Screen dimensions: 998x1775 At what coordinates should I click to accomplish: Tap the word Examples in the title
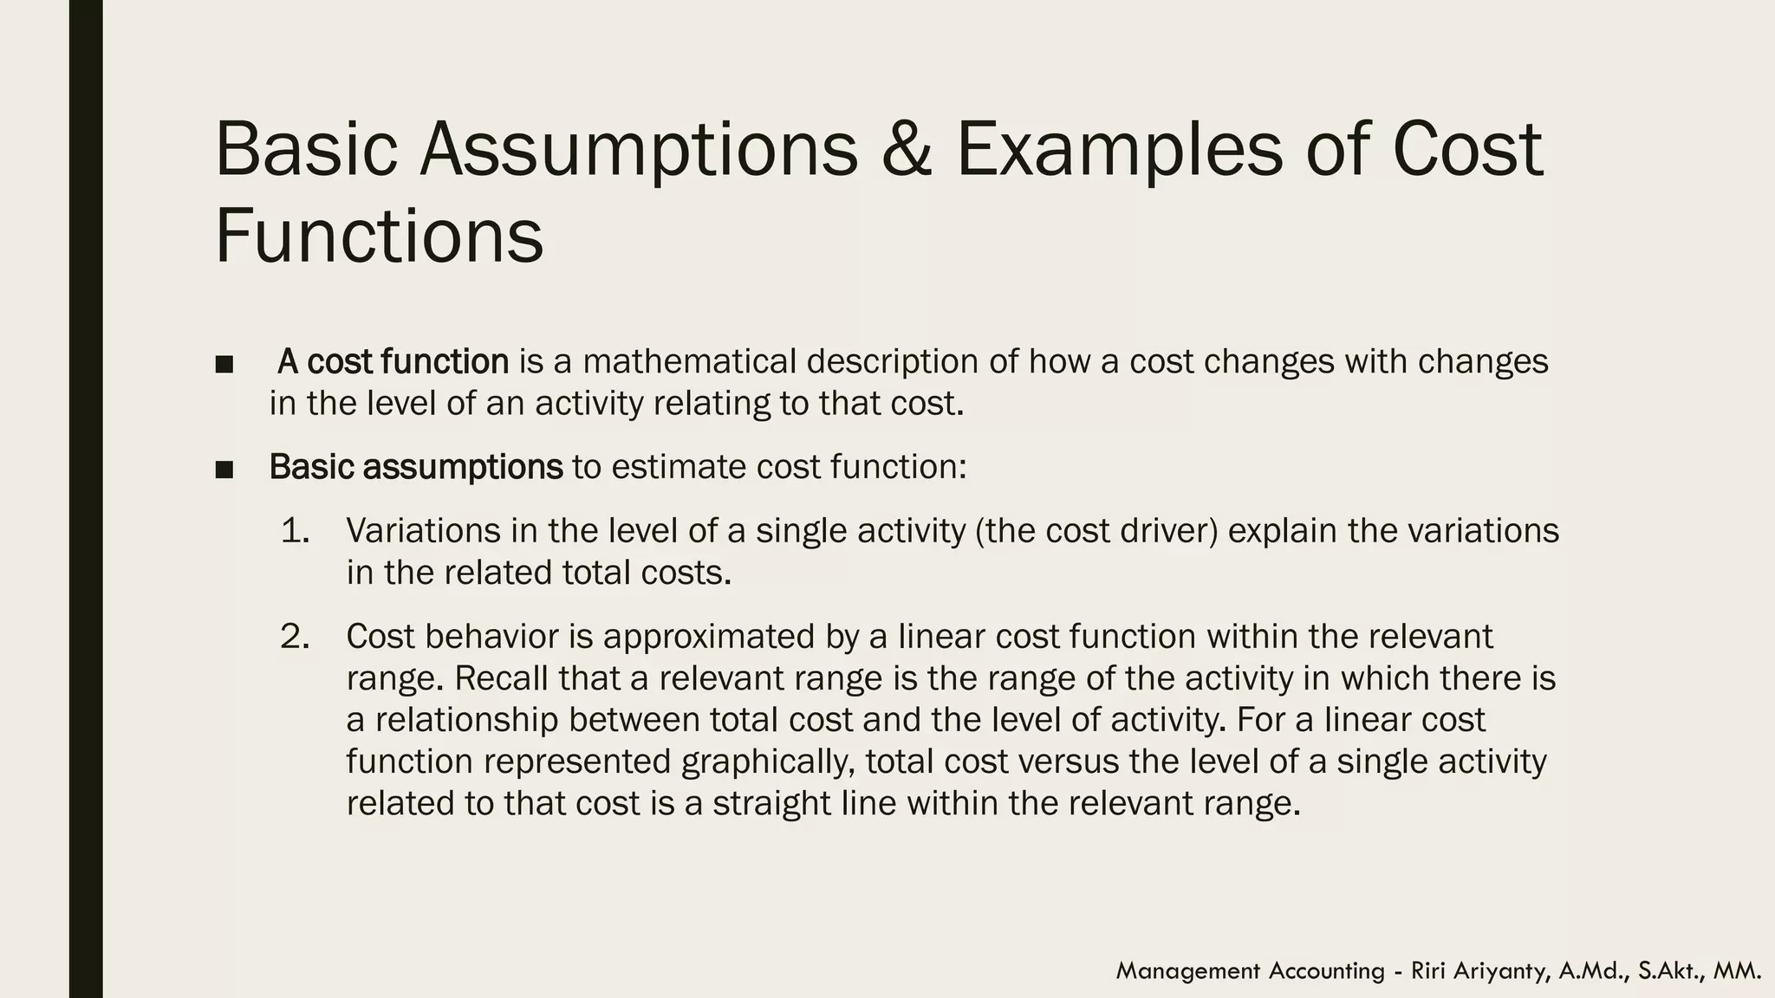pos(1117,149)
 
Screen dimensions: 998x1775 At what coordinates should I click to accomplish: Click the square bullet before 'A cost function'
pos(224,364)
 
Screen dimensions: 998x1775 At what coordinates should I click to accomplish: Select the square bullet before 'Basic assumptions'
pos(224,470)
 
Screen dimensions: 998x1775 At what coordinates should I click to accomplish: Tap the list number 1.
pos(295,530)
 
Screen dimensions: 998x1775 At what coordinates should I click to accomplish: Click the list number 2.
pos(295,637)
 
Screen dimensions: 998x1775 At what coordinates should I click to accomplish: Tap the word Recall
pos(501,678)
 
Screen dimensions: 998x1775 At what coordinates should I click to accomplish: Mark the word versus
pos(1068,761)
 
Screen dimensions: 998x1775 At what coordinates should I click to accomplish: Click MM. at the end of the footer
pos(1737,971)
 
